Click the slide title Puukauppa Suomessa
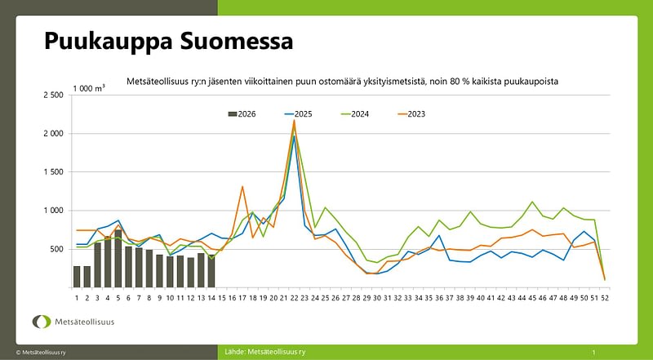[x=167, y=40]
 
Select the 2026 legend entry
[x=242, y=113]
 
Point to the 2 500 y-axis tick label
[x=52, y=96]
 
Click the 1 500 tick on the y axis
[x=52, y=172]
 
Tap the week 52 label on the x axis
[x=605, y=297]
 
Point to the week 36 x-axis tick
[x=439, y=297]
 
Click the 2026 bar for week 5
[x=118, y=258]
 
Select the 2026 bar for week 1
[x=77, y=277]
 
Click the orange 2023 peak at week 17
[x=242, y=187]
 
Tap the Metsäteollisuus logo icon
[x=41, y=322]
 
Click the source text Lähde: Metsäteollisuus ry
[x=264, y=352]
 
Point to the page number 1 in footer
[x=593, y=352]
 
